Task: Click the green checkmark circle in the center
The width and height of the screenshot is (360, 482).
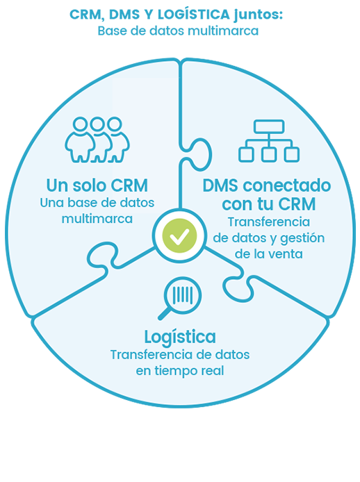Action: coord(180,235)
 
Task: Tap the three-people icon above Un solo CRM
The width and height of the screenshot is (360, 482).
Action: coord(97,140)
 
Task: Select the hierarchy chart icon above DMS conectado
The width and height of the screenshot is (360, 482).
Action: coord(269,141)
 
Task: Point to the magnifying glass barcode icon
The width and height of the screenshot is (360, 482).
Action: coord(180,298)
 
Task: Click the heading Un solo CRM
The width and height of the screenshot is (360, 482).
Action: coord(97,185)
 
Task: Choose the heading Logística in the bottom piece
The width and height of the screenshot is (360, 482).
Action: coord(180,338)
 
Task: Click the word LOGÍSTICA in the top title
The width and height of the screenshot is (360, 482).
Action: coord(193,14)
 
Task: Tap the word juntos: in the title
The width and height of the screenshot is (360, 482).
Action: coord(258,15)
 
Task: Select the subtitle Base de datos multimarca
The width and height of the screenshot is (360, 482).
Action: coord(178,31)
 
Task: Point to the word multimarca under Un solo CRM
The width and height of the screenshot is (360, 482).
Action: coord(97,219)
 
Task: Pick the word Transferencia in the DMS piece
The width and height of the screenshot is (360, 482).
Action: coord(269,222)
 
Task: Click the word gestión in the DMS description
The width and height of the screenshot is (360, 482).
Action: coord(302,238)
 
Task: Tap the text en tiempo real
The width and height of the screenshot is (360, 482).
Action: coord(180,371)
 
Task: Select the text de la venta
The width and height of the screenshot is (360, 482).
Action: coord(269,254)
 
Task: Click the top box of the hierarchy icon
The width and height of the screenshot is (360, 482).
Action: coord(269,126)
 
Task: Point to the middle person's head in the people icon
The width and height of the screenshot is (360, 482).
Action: coord(97,124)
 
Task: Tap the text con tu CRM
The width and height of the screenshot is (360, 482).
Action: coord(269,204)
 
